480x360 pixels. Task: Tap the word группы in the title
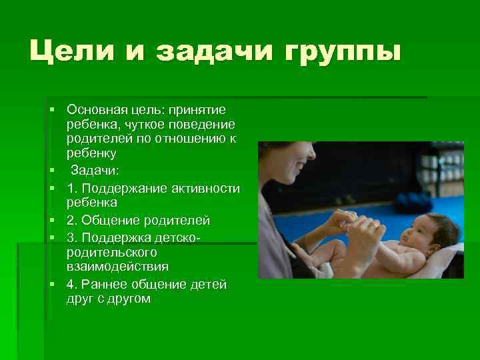pos(345,51)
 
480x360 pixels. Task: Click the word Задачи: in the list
pos(95,171)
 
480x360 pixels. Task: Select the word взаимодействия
pos(117,267)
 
